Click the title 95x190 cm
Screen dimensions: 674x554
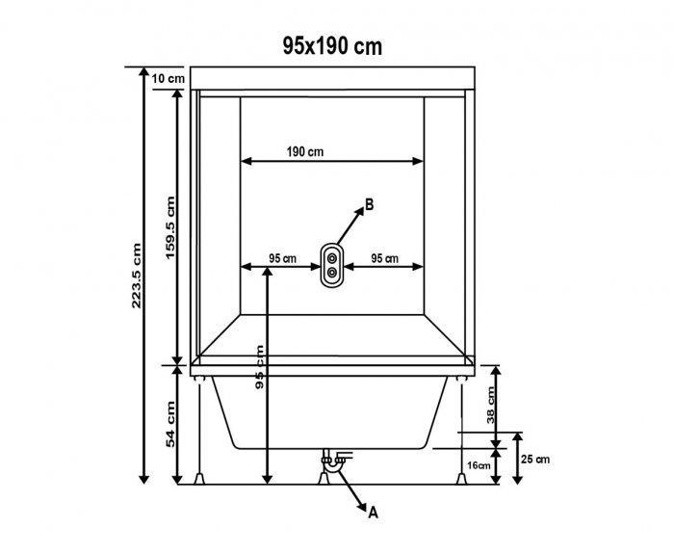(332, 46)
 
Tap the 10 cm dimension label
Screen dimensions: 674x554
(168, 79)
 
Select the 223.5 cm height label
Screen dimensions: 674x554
(137, 276)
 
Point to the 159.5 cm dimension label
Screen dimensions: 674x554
(170, 227)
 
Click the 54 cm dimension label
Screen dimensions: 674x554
(170, 424)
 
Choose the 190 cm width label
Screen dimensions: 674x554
(305, 151)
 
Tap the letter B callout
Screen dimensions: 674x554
(369, 204)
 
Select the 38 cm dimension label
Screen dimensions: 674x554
(491, 405)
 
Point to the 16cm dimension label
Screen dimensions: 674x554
(479, 465)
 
